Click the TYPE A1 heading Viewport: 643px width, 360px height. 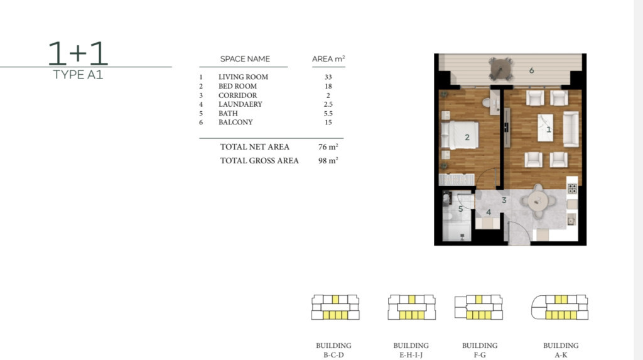78,75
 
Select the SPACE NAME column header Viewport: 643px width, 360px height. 245,59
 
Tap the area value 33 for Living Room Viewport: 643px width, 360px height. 328,77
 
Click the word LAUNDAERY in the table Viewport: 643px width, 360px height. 240,104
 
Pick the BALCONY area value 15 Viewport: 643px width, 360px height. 328,123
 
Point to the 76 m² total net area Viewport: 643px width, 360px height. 328,147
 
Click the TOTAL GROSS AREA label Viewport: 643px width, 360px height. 259,160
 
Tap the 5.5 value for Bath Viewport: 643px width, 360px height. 328,113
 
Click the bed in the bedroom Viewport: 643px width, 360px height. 460,134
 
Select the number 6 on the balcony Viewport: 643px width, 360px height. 531,70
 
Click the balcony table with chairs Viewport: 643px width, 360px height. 500,69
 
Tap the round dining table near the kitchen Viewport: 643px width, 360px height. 538,201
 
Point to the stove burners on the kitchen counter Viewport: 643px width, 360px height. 573,188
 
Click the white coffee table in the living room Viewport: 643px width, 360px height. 546,128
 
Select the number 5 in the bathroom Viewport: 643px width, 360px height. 460,209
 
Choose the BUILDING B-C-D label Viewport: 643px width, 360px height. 333,350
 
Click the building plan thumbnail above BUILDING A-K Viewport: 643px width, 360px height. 559,307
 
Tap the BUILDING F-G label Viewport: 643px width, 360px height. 480,350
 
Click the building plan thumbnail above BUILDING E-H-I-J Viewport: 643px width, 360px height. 412,307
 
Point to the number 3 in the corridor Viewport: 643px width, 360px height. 504,200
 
